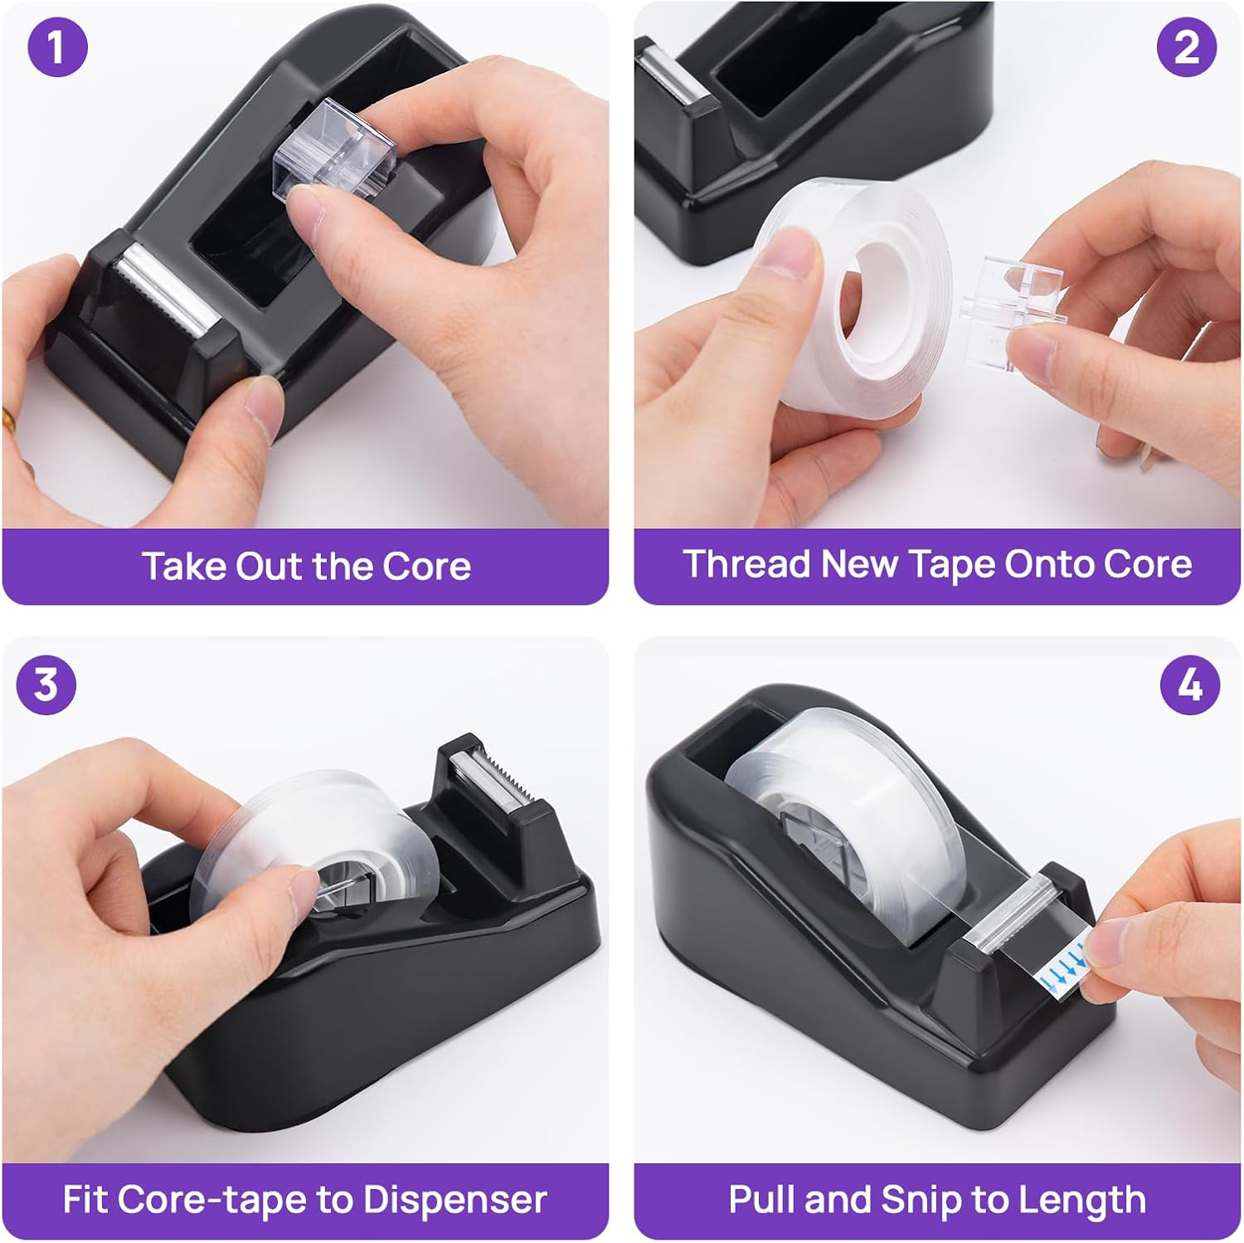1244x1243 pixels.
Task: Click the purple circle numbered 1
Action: click(x=57, y=47)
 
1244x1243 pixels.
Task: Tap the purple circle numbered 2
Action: click(x=1187, y=47)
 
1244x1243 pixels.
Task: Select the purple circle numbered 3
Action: click(x=46, y=685)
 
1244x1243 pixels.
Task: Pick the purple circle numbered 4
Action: click(x=1189, y=685)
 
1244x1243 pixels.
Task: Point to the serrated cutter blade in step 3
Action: click(x=484, y=779)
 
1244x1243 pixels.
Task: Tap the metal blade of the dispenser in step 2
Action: click(x=668, y=74)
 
